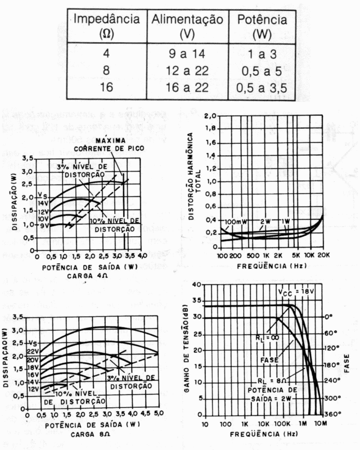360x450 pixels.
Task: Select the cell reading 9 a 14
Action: click(x=187, y=57)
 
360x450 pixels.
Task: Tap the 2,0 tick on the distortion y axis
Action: click(x=211, y=116)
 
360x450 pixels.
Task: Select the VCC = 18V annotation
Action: click(x=295, y=292)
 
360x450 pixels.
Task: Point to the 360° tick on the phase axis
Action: click(x=333, y=414)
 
